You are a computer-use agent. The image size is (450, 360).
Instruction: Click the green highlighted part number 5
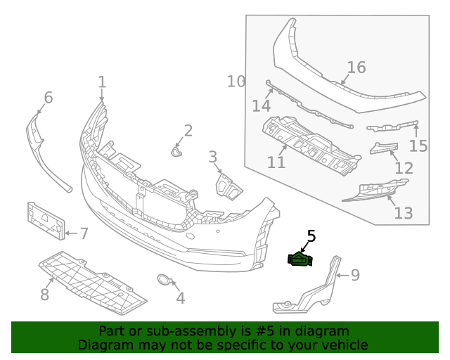300,260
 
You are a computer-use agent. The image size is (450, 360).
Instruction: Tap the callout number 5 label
311,238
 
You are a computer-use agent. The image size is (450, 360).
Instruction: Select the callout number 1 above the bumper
102,82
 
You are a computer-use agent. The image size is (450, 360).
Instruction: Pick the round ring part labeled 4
163,281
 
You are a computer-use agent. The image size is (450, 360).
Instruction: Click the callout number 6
48,97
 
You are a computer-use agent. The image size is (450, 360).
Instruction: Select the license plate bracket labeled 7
45,219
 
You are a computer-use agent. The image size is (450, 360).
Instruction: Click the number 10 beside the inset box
236,82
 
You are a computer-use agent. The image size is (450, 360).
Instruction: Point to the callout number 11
276,162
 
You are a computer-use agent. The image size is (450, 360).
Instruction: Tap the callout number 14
261,105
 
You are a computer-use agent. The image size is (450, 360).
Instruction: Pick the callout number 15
418,146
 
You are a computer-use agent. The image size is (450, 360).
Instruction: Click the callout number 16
356,67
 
